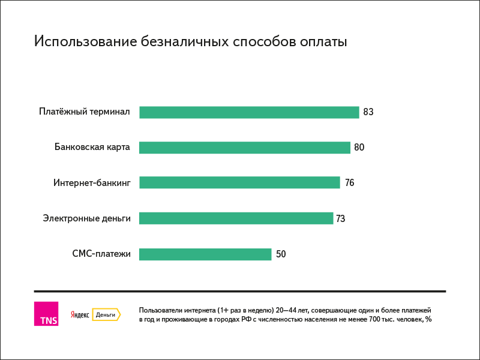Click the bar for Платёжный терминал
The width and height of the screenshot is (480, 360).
(249, 112)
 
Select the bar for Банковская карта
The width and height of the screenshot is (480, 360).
(245, 148)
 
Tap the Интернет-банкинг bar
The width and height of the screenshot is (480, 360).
(239, 182)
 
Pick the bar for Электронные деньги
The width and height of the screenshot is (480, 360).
(236, 218)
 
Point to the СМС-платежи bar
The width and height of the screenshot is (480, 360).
(205, 254)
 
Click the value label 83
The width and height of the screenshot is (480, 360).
(368, 112)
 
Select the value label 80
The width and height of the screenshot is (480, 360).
(359, 147)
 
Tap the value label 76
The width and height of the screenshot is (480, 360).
(350, 183)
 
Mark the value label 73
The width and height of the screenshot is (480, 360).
(340, 218)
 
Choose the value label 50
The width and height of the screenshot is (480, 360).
(281, 254)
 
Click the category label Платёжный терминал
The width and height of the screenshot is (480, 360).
(85, 112)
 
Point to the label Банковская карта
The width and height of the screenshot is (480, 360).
(92, 147)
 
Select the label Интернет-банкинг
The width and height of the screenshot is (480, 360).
(92, 183)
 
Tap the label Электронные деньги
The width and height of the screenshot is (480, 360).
(86, 218)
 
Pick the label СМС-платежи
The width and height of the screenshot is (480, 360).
(101, 254)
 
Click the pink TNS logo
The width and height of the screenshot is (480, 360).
(46, 314)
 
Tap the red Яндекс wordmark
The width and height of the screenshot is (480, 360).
(80, 314)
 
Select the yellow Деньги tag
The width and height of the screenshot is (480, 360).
(107, 314)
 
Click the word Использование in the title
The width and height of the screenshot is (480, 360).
(85, 41)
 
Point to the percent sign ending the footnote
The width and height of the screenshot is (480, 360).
(428, 319)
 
